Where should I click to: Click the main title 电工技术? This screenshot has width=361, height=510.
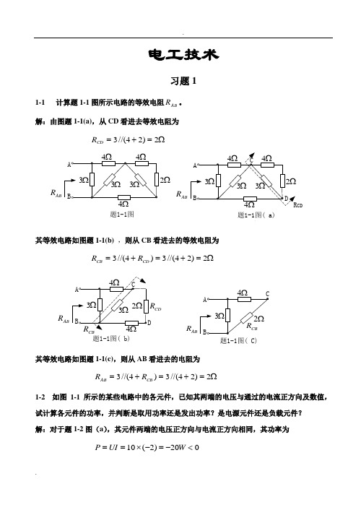tap(183, 55)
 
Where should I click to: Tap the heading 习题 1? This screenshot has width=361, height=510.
tap(183, 81)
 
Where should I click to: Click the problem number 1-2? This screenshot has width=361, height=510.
tap(40, 397)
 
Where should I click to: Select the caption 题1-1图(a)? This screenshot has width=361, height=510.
tap(256, 215)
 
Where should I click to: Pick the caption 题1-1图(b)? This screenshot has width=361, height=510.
tap(111, 339)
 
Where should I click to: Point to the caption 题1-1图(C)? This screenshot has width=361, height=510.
tap(238, 340)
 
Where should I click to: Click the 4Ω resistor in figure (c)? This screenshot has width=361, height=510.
tap(244, 299)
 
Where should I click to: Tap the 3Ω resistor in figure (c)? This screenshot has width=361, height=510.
tap(227, 315)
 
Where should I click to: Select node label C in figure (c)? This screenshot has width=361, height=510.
tap(267, 294)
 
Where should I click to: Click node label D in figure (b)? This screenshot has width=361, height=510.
tap(149, 323)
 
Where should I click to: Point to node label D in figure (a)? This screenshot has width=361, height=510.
tap(286, 199)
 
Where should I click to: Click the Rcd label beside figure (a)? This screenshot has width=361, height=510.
tap(298, 205)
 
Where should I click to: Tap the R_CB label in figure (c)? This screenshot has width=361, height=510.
tap(252, 327)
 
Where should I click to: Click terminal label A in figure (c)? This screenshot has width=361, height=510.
tap(205, 300)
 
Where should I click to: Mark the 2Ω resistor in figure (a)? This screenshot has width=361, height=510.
tap(282, 181)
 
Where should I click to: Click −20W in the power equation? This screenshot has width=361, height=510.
tap(175, 448)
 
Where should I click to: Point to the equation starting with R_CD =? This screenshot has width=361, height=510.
tap(128, 140)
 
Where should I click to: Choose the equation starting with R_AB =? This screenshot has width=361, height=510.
tap(156, 376)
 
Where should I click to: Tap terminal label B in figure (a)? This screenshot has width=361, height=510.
tap(195, 198)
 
